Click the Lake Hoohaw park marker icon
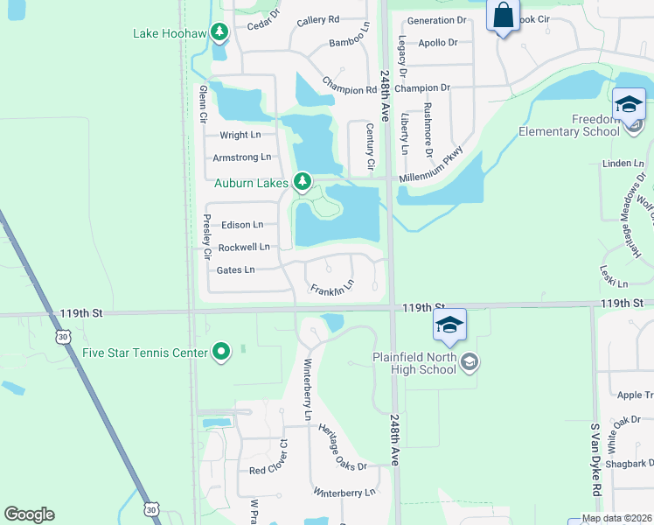coord(219,34)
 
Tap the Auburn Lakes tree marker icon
coord(303,182)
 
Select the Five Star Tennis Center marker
coord(221,353)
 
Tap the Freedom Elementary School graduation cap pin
coord(629,105)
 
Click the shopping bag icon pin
coord(503,16)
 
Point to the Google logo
coord(29,514)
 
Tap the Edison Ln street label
coord(242,225)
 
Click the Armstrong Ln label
coord(242,157)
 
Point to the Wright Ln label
coord(240,135)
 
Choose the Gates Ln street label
coord(235,270)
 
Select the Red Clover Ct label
coord(268,469)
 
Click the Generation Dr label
coord(437,20)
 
